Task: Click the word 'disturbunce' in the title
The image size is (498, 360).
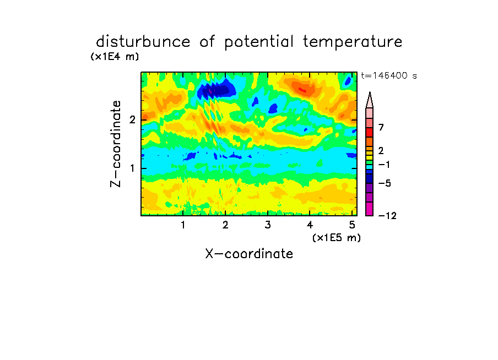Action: [143, 42]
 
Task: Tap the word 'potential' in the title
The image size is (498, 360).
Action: [259, 42]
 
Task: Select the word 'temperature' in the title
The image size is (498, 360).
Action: [353, 42]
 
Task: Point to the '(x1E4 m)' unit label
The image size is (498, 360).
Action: [115, 57]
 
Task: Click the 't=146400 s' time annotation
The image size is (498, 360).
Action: [389, 75]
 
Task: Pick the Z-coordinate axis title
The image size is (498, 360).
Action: [116, 144]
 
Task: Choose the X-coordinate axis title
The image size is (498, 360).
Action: [249, 254]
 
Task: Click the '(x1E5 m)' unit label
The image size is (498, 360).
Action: [337, 238]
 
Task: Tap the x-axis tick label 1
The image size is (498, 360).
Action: [183, 225]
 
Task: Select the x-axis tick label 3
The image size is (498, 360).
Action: [268, 225]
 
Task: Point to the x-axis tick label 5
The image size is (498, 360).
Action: [352, 225]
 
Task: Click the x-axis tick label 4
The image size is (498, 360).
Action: [310, 225]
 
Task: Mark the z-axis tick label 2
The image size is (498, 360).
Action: [132, 119]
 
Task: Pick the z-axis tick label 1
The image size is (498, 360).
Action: [132, 168]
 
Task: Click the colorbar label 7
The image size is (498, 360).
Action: [381, 127]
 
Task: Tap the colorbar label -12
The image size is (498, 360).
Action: [387, 216]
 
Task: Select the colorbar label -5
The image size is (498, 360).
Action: [385, 183]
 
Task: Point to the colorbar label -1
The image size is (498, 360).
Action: [384, 165]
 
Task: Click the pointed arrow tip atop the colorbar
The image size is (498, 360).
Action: [370, 92]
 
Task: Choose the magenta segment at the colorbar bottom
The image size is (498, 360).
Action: [370, 209]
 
